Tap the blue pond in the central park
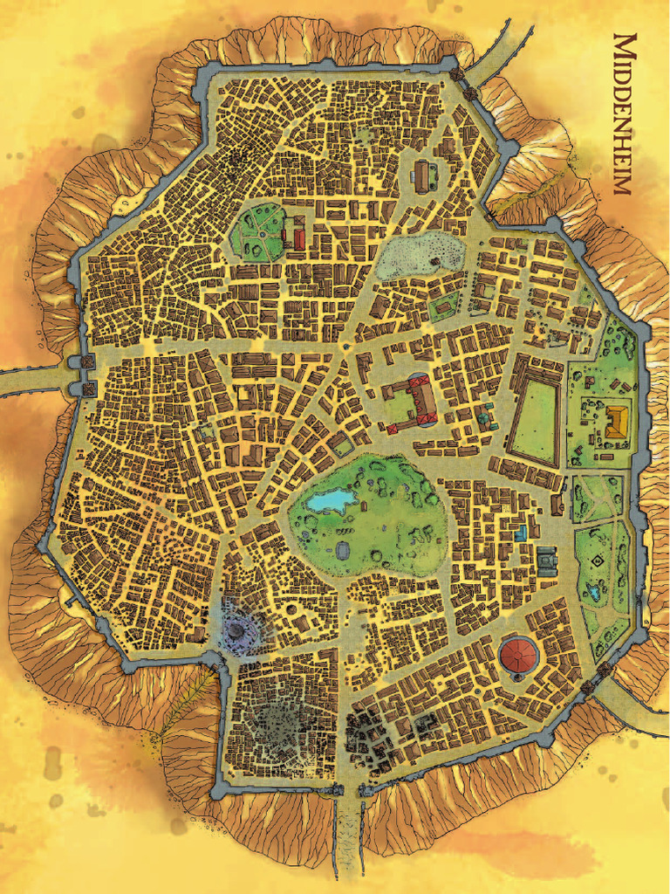click(331, 500)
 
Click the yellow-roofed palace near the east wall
click(617, 422)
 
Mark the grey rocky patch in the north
click(420, 256)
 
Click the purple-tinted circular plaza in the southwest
click(236, 627)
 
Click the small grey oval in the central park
click(342, 551)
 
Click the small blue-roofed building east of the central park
click(521, 533)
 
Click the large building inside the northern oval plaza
click(425, 177)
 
